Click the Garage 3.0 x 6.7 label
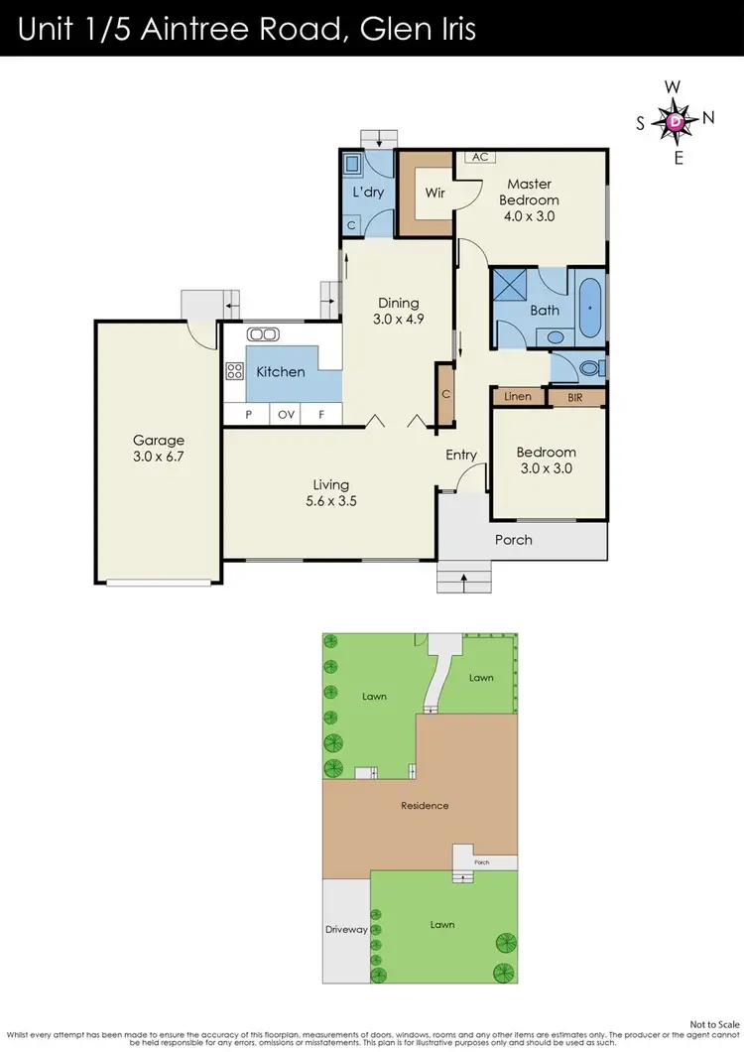[160, 449]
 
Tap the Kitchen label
[281, 372]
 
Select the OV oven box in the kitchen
[287, 415]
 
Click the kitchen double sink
[263, 334]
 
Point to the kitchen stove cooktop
[235, 372]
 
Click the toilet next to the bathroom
[589, 368]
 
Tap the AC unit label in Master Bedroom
[479, 157]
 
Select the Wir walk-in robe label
[434, 193]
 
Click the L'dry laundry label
[368, 192]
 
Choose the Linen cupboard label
[518, 397]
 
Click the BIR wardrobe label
[576, 397]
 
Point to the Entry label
[461, 455]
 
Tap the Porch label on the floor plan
[513, 540]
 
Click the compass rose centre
[676, 121]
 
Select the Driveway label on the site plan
[346, 930]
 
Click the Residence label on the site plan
[425, 805]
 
